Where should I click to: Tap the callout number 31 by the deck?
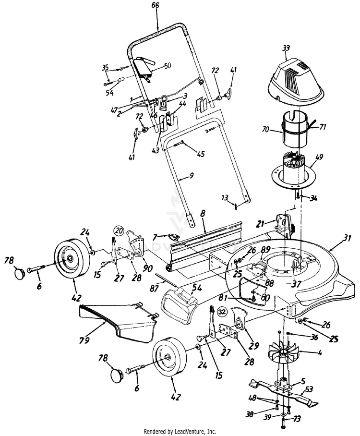[347, 238]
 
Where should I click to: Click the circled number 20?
[118, 229]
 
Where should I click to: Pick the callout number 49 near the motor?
[319, 157]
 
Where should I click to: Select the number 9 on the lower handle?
[192, 176]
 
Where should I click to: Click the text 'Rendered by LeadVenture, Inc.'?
[180, 431]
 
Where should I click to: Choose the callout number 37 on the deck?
[297, 284]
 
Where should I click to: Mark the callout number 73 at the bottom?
[297, 419]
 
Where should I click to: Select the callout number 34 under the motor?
[313, 198]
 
